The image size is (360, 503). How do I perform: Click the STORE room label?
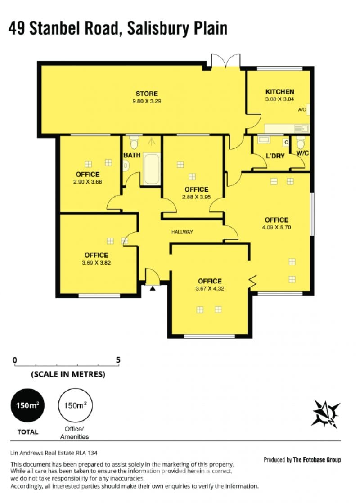coord(147,94)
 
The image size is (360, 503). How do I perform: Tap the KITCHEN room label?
coord(279,92)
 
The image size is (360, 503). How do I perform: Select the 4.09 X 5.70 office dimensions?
coord(276,228)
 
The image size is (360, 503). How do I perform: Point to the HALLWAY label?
coord(182,232)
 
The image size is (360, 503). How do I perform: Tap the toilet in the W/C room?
coord(301,143)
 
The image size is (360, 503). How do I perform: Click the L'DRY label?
coord(275,156)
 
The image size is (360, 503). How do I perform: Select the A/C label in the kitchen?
coord(302,110)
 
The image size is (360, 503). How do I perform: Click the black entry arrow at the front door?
coord(153,289)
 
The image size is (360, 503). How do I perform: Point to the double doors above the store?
coord(225,61)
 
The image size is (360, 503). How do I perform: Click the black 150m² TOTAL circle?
coord(28,405)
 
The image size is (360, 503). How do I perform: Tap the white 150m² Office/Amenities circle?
coord(75,405)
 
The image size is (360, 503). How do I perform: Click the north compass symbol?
coord(326,414)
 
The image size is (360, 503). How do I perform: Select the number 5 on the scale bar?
coord(118,360)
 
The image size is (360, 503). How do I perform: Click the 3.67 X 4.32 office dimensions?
coord(210,288)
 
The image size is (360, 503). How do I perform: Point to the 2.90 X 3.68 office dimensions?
coord(88,182)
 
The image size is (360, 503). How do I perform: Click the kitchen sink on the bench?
coord(301,129)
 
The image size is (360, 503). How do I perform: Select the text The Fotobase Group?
coord(317,460)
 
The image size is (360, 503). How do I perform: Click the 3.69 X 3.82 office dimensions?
coord(96,263)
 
